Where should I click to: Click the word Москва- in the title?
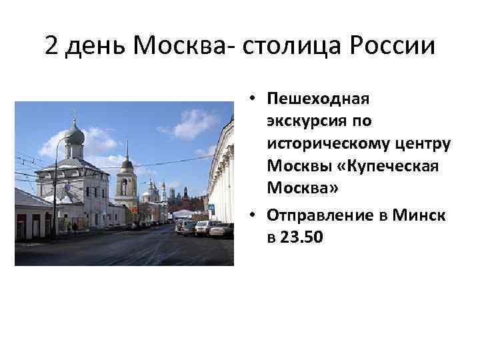[176, 46]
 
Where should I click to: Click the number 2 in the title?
[53, 46]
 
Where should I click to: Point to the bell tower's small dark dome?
[127, 163]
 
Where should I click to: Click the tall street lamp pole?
[55, 193]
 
